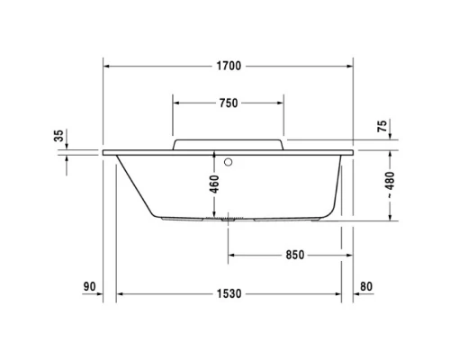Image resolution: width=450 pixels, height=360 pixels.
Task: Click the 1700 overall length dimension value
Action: click(229, 67)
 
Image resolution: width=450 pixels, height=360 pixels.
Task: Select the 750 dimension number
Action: click(228, 103)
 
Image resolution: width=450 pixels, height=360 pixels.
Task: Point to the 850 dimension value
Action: click(285, 255)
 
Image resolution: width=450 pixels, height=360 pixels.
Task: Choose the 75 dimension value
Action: click(382, 127)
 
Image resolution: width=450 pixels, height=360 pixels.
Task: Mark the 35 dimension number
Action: click(59, 136)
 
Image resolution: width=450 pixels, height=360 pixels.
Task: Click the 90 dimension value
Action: click(89, 287)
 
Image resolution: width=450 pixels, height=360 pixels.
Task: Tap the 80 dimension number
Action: click(364, 287)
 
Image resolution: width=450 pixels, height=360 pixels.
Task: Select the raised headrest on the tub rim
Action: click(228, 144)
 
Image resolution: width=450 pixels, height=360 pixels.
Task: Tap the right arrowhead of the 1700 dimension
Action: click(348, 67)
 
